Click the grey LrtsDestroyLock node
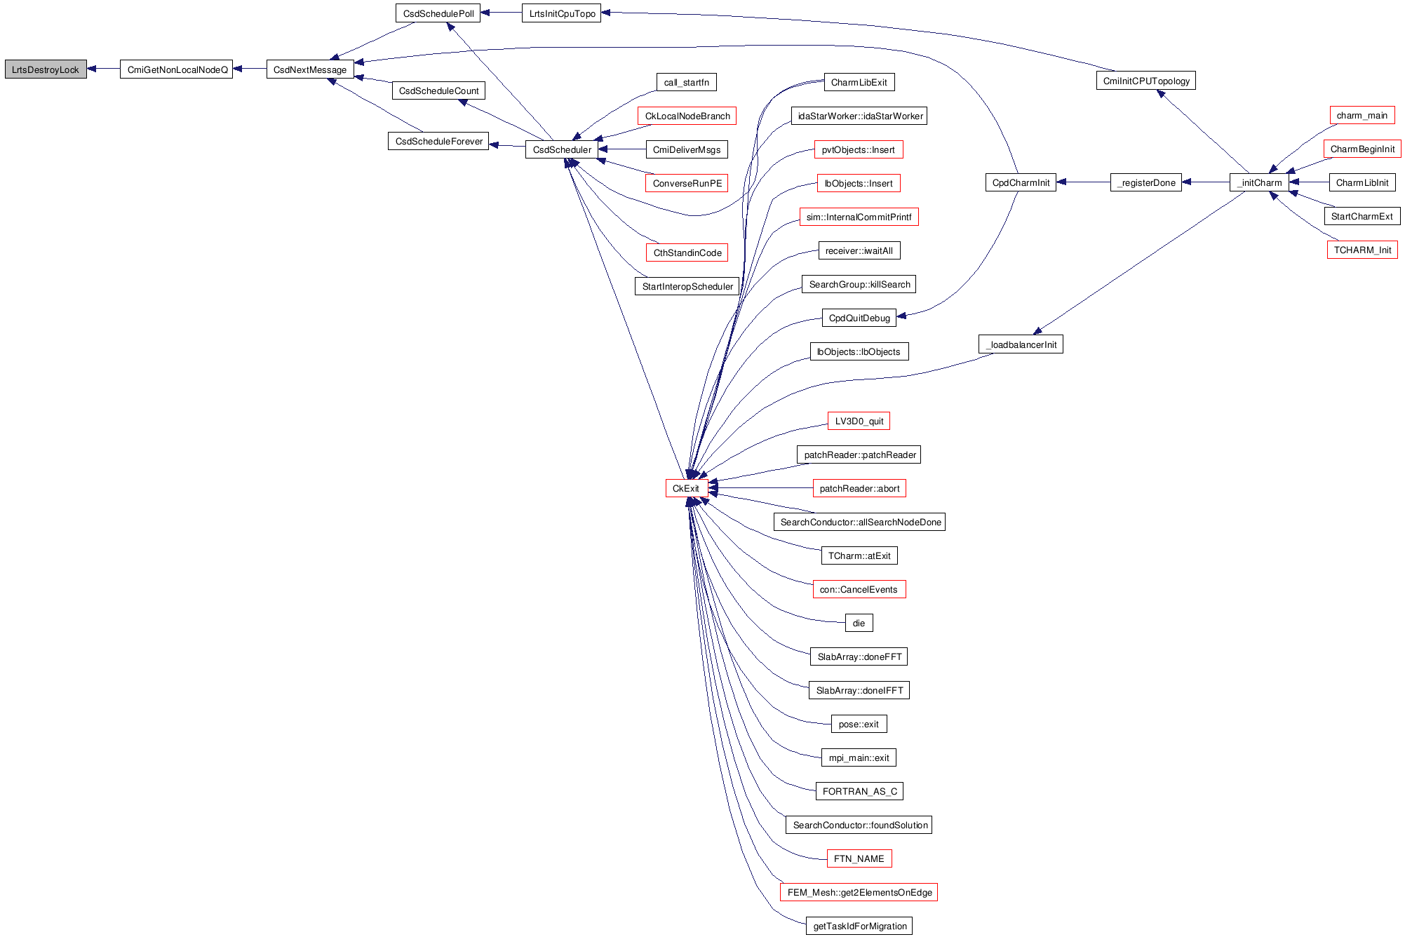(x=46, y=69)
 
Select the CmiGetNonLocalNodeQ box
(x=177, y=69)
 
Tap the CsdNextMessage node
(x=310, y=69)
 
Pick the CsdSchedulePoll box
(x=438, y=13)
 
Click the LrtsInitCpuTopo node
(x=561, y=13)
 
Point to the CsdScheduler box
(x=562, y=149)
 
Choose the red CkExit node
(x=685, y=488)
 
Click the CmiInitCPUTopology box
(x=1145, y=81)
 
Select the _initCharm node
(x=1259, y=182)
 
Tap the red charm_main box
(x=1362, y=115)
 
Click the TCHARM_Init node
(x=1362, y=250)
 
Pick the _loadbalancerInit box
(x=1021, y=344)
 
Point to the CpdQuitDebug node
(x=859, y=318)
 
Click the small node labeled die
(x=859, y=623)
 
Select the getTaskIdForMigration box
(x=859, y=926)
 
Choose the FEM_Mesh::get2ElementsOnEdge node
(x=859, y=892)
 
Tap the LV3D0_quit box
(x=859, y=421)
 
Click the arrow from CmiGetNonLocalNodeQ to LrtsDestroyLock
(x=104, y=69)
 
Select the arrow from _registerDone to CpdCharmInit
(x=1083, y=182)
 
